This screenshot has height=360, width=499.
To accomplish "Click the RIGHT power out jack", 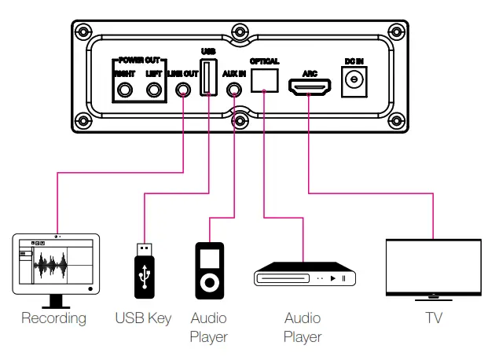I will tap(125, 90).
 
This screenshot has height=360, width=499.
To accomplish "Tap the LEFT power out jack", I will tap(154, 90).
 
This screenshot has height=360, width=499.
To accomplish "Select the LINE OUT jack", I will tap(183, 90).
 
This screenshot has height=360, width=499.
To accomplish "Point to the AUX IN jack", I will tap(233, 90).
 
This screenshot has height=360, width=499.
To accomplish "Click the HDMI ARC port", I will tap(309, 85).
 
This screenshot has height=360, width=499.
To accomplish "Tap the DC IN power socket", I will tap(354, 80).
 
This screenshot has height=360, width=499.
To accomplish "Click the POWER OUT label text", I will tap(139, 60).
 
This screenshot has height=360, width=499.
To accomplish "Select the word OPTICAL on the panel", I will tap(264, 61).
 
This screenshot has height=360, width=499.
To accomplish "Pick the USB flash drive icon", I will tap(145, 270).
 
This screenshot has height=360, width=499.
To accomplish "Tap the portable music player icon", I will tap(209, 267).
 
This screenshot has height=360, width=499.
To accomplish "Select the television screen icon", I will tap(433, 267).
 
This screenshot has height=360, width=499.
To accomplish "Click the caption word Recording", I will tap(53, 319).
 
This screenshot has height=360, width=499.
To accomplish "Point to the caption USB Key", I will tap(143, 319).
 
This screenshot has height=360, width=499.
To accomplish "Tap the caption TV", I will tap(433, 319).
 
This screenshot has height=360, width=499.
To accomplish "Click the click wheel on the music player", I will tap(209, 281).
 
